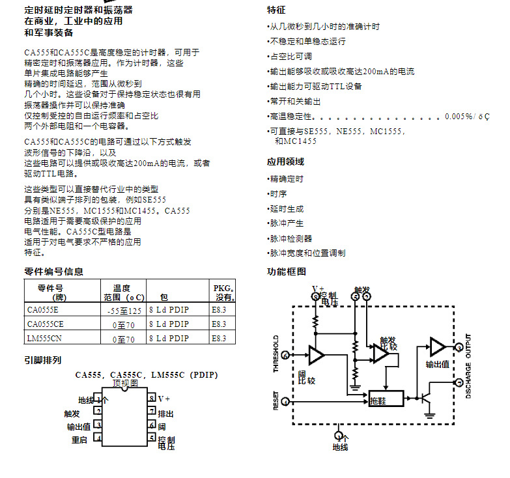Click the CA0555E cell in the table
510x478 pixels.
tap(42, 310)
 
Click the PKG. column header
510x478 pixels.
tap(223, 292)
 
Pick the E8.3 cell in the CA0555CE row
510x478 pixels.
tap(220, 324)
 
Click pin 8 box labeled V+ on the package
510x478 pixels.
tap(151, 398)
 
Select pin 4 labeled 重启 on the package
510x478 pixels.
tap(98, 439)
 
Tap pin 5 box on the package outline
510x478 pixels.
tap(151, 439)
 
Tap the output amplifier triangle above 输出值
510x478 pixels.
tap(436, 347)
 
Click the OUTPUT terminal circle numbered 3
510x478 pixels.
tap(459, 348)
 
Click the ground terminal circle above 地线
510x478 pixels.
tap(339, 435)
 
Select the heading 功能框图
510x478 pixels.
tap(287, 272)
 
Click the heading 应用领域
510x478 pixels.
tap(285, 162)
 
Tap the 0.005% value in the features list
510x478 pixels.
tap(459, 116)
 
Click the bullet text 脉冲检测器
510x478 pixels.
tap(291, 238)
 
